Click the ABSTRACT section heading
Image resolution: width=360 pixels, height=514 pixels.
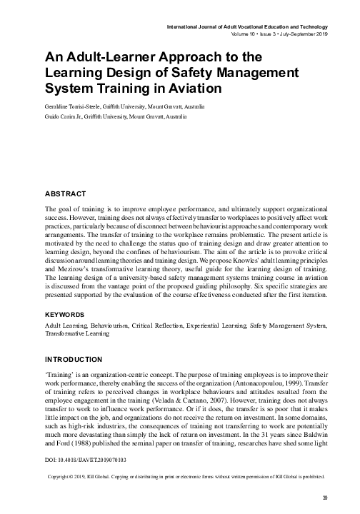click(66, 193)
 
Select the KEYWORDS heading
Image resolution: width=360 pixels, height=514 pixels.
click(67, 313)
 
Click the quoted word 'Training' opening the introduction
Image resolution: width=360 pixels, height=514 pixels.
click(59, 373)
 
